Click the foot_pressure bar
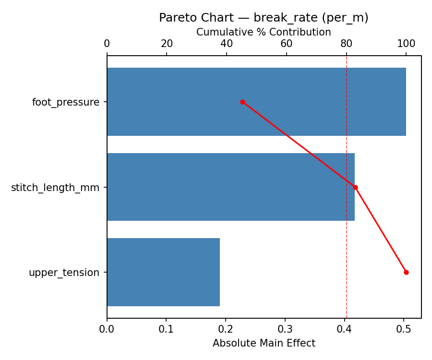(x=256, y=102)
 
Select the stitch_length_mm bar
(x=230, y=187)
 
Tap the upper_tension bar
(x=163, y=272)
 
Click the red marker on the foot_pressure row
(x=242, y=102)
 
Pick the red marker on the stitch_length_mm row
(x=355, y=187)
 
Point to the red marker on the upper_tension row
(x=406, y=272)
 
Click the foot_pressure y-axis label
(x=66, y=102)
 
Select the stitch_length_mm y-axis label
(x=55, y=188)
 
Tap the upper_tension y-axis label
(x=64, y=273)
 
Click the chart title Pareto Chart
(x=264, y=18)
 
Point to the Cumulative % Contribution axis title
(x=264, y=32)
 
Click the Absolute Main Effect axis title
(x=264, y=343)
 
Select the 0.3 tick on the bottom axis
(x=285, y=329)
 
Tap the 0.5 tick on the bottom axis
(x=404, y=329)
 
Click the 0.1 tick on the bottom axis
(x=166, y=329)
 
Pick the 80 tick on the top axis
(x=347, y=44)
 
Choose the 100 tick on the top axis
(x=406, y=44)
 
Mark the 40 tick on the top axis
(x=227, y=44)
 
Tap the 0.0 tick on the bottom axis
(x=107, y=329)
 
